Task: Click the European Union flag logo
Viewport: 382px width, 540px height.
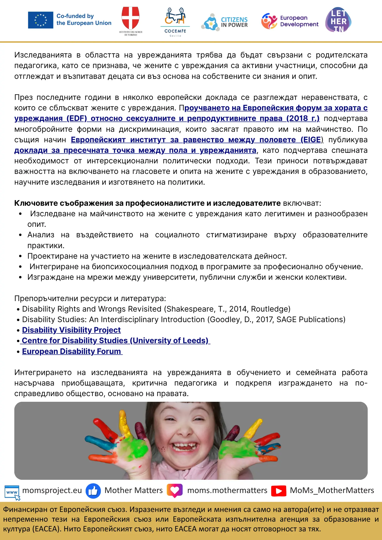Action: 41,20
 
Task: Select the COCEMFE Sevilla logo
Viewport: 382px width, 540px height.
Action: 175,22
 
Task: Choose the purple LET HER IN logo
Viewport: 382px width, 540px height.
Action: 338,20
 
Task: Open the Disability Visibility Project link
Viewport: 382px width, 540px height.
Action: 71,330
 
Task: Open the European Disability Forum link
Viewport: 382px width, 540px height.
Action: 72,351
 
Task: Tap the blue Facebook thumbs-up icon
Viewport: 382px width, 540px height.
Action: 93,491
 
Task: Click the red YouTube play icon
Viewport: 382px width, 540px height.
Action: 279,491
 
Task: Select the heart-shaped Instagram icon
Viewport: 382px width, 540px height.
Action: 175,490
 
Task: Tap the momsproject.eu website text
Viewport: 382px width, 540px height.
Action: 52,490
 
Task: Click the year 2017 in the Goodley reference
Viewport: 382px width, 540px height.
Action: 264,319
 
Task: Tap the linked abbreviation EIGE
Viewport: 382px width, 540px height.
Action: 312,140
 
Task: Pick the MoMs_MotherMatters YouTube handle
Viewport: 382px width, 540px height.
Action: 332,490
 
